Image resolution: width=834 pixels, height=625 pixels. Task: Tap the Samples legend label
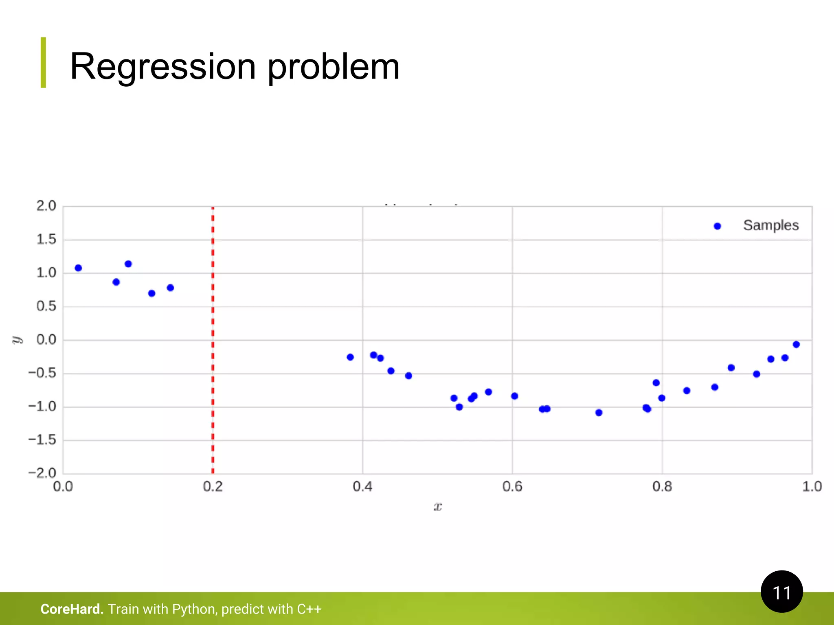click(770, 225)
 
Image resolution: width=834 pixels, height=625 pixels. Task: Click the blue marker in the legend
click(717, 226)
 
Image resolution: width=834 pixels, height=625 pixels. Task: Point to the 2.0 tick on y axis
click(46, 206)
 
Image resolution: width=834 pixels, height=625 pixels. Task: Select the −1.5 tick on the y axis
click(42, 440)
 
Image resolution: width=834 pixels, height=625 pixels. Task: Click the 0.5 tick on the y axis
click(46, 306)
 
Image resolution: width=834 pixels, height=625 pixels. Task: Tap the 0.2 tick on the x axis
click(213, 487)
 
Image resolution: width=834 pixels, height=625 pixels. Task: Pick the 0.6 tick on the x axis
click(512, 487)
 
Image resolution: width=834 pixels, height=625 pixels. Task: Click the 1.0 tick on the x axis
click(812, 487)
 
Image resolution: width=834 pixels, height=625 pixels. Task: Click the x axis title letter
click(437, 507)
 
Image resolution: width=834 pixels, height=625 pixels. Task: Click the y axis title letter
click(17, 340)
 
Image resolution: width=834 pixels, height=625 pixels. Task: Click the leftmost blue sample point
click(79, 268)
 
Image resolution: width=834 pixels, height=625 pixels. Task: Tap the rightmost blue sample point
click(796, 345)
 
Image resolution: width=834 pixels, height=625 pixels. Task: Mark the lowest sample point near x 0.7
click(599, 413)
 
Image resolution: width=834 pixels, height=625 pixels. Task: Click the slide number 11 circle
click(781, 592)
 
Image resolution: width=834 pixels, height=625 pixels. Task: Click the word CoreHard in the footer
click(72, 609)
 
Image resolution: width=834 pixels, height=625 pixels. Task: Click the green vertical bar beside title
click(43, 62)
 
